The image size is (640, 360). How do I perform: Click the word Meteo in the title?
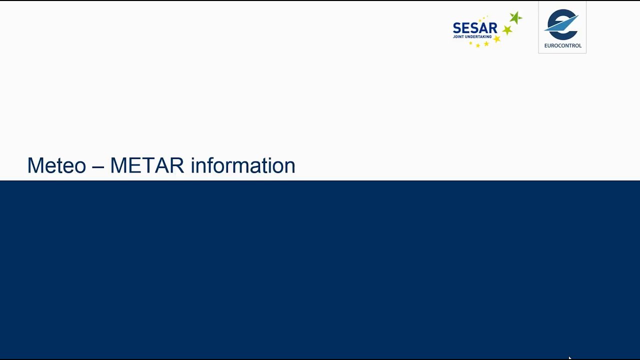[x=56, y=165]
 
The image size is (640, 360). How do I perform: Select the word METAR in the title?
[x=147, y=165]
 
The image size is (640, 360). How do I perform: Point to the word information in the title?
[x=243, y=165]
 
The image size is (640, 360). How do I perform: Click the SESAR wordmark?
[x=475, y=28]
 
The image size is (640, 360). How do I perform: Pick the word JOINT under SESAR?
[x=458, y=37]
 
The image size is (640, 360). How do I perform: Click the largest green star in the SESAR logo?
[x=515, y=18]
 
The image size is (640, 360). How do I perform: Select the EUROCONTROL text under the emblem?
[x=562, y=46]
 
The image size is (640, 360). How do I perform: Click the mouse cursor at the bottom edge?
[x=570, y=357]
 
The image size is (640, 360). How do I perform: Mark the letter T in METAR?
[x=147, y=165]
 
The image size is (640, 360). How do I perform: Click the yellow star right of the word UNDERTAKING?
[x=497, y=38]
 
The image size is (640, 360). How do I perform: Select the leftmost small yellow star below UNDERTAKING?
[x=470, y=43]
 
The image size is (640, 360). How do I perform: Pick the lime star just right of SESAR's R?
[x=506, y=30]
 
